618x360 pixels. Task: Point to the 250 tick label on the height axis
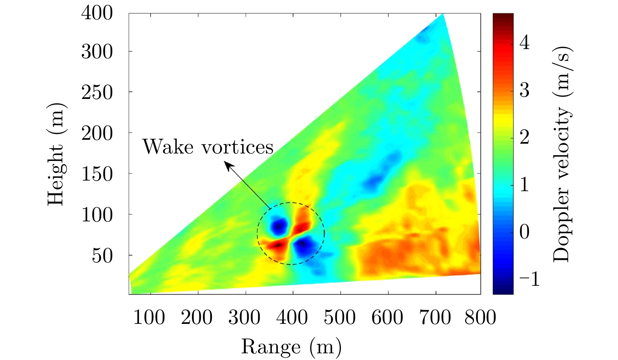[x=97, y=93]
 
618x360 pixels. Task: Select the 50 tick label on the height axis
[x=102, y=256]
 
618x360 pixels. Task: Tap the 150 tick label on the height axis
[x=97, y=174]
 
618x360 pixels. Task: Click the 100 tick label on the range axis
[x=149, y=317]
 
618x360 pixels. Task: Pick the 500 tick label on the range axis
[x=340, y=317]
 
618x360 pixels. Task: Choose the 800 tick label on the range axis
[x=480, y=317]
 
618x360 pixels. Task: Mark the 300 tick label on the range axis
[x=244, y=317]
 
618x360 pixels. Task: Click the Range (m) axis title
[x=291, y=347]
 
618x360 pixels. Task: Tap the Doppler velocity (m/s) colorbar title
[x=561, y=154]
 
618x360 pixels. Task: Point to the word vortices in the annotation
[x=237, y=147]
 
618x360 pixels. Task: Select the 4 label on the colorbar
[x=525, y=42]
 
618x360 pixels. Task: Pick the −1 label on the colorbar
[x=529, y=279]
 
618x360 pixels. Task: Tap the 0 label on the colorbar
[x=525, y=232]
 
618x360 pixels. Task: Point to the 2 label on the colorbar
[x=525, y=137]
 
